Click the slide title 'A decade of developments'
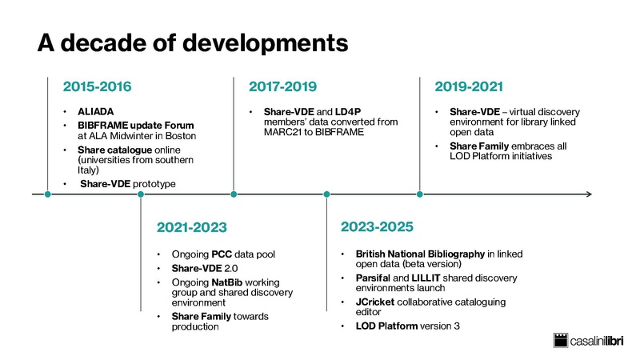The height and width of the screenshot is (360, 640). pos(193,42)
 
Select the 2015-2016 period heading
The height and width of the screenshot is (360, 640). pos(97,86)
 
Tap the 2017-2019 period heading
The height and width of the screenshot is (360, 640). pos(282,86)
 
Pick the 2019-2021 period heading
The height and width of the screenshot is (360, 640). pos(469,86)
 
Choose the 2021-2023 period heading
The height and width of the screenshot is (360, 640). pos(190,228)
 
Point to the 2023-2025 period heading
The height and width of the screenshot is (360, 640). pos(376,228)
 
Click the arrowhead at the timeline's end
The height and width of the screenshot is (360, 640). pos(589,194)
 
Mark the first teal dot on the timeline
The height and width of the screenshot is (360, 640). pos(48,194)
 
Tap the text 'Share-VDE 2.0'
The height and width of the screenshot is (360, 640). pos(204,267)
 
